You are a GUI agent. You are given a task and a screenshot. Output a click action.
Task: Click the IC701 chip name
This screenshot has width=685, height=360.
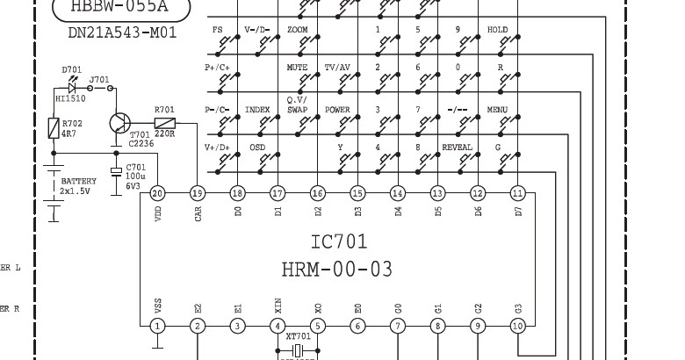click(x=339, y=241)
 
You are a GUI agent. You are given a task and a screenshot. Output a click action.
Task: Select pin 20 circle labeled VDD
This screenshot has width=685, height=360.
click(x=157, y=192)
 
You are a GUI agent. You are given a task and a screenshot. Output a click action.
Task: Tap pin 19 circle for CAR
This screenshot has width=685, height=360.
click(x=198, y=192)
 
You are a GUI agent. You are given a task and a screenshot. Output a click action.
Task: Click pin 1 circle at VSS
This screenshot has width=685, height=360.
click(x=157, y=327)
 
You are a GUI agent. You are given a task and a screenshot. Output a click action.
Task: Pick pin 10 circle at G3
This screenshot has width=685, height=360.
click(x=518, y=327)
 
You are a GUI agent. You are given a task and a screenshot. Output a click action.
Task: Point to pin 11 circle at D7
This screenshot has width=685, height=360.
click(x=518, y=192)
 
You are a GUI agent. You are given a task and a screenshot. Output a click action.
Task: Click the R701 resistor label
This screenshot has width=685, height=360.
click(x=164, y=110)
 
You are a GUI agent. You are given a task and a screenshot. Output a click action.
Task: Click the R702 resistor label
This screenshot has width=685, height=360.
click(x=72, y=125)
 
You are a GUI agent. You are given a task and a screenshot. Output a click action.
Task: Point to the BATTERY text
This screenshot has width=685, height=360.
click(x=78, y=181)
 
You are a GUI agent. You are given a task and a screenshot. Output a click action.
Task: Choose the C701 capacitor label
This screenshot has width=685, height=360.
click(x=136, y=167)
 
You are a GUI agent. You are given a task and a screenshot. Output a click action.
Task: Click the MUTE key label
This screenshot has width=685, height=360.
click(x=298, y=68)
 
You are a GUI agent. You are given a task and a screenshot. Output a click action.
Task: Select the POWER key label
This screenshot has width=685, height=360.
click(x=337, y=110)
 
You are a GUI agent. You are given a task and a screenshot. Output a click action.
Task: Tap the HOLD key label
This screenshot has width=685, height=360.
click(x=498, y=30)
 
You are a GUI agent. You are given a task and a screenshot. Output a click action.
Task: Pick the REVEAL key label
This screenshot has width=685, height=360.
click(x=457, y=148)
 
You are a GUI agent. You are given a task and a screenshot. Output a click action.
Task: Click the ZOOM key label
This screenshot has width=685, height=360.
click(x=298, y=30)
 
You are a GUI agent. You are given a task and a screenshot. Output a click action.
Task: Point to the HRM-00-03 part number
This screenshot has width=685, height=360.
click(x=337, y=269)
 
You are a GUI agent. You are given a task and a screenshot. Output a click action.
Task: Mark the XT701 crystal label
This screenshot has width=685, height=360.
click(x=299, y=336)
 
